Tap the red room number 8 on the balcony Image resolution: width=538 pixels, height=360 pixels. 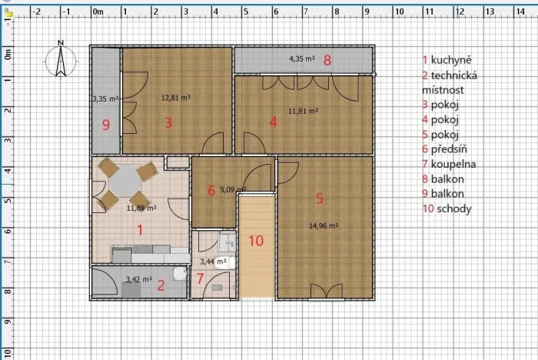pyautogui.click(x=327, y=60)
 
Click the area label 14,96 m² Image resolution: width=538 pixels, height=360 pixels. pyautogui.click(x=324, y=225)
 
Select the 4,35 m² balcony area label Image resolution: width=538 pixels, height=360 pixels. pyautogui.click(x=301, y=58)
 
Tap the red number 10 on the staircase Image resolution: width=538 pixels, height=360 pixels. pyautogui.click(x=256, y=240)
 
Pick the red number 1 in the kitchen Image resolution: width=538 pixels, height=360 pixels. pyautogui.click(x=139, y=228)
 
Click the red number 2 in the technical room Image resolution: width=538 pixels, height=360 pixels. pyautogui.click(x=161, y=285)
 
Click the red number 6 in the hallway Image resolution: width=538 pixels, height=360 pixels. pyautogui.click(x=211, y=190)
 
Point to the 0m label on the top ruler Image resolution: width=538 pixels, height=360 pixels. pyautogui.click(x=98, y=12)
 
